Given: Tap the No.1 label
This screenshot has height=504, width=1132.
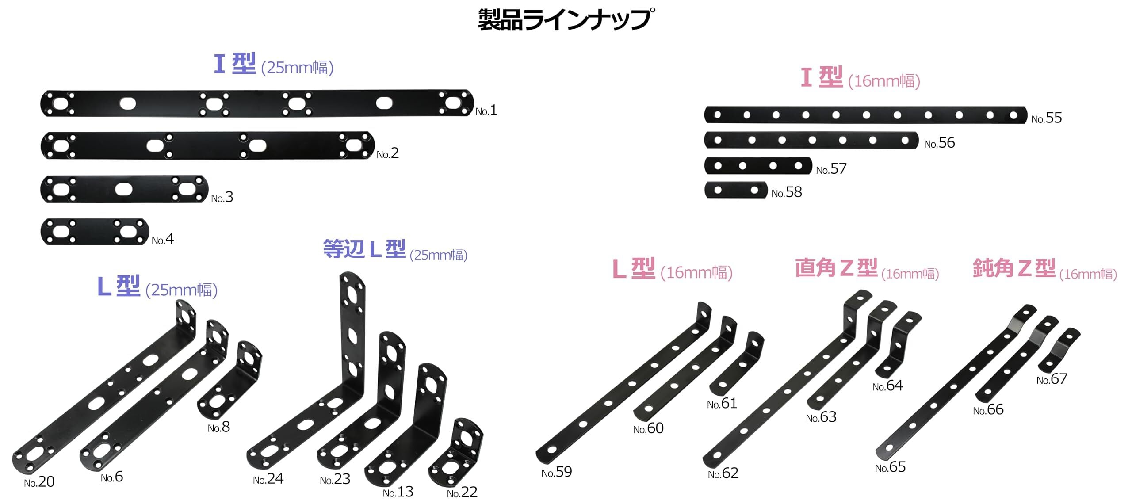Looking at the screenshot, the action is coord(486,110).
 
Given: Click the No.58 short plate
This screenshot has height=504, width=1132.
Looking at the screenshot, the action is coord(736,190).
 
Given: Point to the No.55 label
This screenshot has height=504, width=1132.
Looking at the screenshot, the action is coord(1046,118).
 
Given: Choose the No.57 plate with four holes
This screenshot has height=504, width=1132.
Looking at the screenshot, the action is coord(758,166).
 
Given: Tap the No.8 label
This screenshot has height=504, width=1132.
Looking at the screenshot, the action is coord(219,427).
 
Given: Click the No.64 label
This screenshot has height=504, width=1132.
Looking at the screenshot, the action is coord(887,386).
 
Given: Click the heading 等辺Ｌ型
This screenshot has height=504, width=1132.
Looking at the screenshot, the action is coord(364,249).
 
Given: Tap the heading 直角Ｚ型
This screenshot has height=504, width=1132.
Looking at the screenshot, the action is coord(836,268).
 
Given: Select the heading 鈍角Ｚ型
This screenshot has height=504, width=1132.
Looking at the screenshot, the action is coord(1014,268).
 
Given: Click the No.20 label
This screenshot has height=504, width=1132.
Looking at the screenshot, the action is coord(39,482).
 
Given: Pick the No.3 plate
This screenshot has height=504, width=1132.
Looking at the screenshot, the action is coord(124,189).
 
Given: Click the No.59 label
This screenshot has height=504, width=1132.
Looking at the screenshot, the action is coord(556,472).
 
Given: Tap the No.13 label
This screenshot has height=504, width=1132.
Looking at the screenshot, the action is coord(398,492).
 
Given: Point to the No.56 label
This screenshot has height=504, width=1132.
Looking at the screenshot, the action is coord(939,143).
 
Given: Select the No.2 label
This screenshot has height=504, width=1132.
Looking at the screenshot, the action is coord(387,153).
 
